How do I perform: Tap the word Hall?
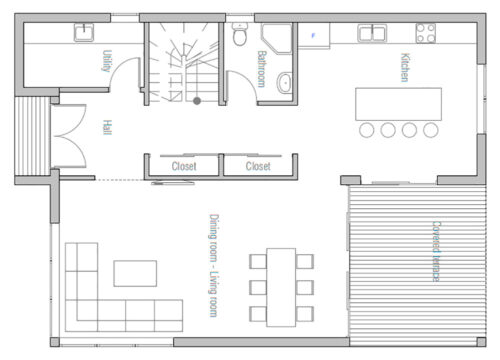coord(106,128)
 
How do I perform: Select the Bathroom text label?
coord(262,69)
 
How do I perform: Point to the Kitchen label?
coord(405,67)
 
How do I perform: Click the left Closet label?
coord(184,167)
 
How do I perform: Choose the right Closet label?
coord(258,167)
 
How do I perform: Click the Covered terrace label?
coord(437,251)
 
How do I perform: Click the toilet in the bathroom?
coord(238,38)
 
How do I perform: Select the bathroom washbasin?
coord(284,82)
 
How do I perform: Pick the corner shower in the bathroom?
coord(275,38)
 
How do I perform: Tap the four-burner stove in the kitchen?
coord(426,34)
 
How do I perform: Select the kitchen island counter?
coord(398,103)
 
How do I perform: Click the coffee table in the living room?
coord(135,273)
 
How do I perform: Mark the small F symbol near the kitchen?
coord(313,36)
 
